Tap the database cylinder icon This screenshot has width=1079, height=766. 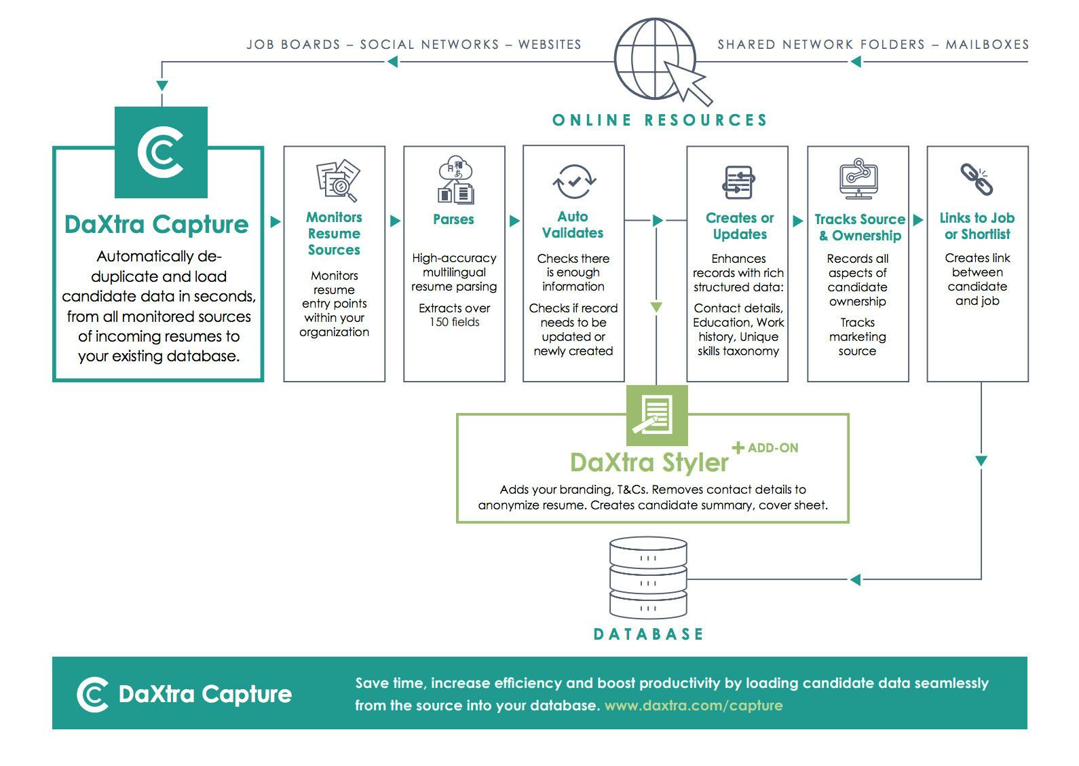[648, 579]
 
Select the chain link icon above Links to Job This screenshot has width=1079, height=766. [977, 179]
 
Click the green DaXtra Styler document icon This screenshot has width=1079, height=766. [656, 415]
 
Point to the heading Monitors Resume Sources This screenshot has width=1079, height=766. [334, 234]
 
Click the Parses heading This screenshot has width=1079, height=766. [453, 219]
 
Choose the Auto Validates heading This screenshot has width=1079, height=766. [573, 225]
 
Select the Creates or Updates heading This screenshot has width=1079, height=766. [739, 226]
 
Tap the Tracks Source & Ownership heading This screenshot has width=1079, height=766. [859, 227]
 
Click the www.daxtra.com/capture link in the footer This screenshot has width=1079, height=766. [693, 706]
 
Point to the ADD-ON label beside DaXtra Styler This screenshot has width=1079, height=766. [772, 448]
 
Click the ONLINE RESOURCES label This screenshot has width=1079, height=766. [660, 120]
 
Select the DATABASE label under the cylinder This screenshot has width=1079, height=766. [648, 634]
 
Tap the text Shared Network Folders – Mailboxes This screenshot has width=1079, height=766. [873, 45]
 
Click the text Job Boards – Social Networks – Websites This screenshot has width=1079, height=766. [413, 45]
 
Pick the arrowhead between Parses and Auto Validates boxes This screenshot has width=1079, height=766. [514, 221]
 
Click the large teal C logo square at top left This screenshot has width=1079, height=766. [161, 152]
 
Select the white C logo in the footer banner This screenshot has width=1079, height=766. [92, 694]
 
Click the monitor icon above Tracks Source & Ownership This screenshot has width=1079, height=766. [858, 179]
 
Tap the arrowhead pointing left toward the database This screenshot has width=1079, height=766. [855, 579]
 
